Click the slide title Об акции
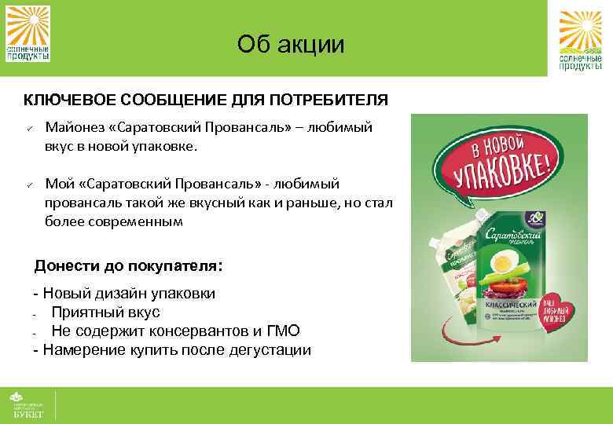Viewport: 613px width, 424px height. [291, 44]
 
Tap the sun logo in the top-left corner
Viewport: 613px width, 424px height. [28, 33]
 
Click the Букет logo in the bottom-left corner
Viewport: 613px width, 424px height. [28, 404]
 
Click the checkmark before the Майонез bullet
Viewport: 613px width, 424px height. [28, 128]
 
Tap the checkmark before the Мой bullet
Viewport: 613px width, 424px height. [28, 185]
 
